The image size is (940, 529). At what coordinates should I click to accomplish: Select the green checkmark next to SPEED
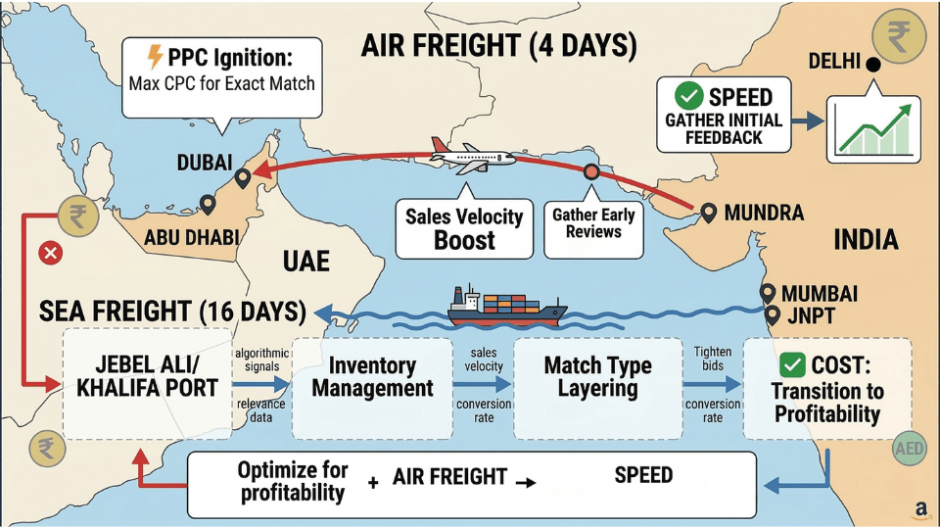(x=689, y=97)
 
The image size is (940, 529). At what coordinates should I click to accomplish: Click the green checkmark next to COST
(x=793, y=365)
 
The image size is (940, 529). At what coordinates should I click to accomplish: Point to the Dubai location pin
(x=242, y=179)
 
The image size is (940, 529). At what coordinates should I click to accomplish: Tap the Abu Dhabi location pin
(x=208, y=204)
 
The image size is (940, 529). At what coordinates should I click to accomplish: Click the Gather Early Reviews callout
(x=593, y=224)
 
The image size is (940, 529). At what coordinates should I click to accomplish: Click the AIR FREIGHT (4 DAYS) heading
(x=498, y=46)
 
